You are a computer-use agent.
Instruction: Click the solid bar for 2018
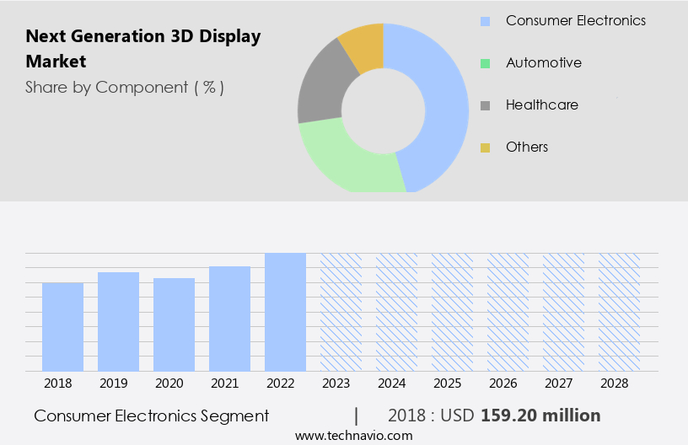click(62, 327)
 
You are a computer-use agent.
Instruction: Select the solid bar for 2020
click(174, 324)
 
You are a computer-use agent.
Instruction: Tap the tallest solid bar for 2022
click(285, 312)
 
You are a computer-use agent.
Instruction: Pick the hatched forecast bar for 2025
click(452, 312)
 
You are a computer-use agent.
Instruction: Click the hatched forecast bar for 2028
click(619, 312)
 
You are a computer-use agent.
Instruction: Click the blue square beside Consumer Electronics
click(485, 21)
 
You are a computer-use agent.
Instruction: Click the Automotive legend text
click(543, 62)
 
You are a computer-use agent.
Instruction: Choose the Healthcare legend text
click(541, 105)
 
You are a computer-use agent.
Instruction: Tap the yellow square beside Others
click(485, 147)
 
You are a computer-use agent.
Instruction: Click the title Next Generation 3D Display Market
click(143, 48)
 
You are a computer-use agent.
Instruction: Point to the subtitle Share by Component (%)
click(125, 87)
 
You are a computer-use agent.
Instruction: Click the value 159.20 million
click(540, 416)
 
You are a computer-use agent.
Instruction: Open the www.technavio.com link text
click(353, 435)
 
